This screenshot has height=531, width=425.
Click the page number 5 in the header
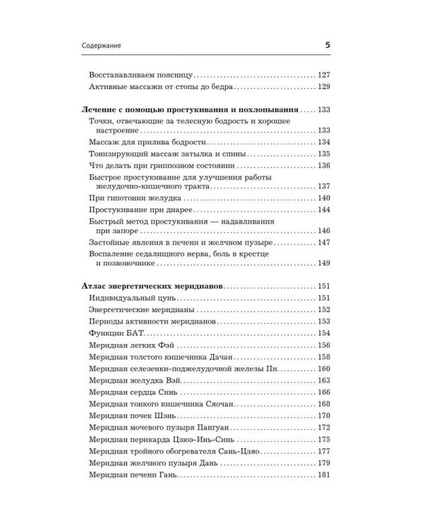[327, 45]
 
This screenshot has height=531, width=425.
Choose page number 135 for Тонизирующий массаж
[324, 153]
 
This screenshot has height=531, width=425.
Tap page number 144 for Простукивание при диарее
[324, 211]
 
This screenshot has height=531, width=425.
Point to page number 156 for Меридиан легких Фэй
[324, 345]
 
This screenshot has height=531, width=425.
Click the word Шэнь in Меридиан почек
[186, 415]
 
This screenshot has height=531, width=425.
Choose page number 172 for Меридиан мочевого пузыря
[324, 427]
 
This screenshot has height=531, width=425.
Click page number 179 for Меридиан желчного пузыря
[324, 462]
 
